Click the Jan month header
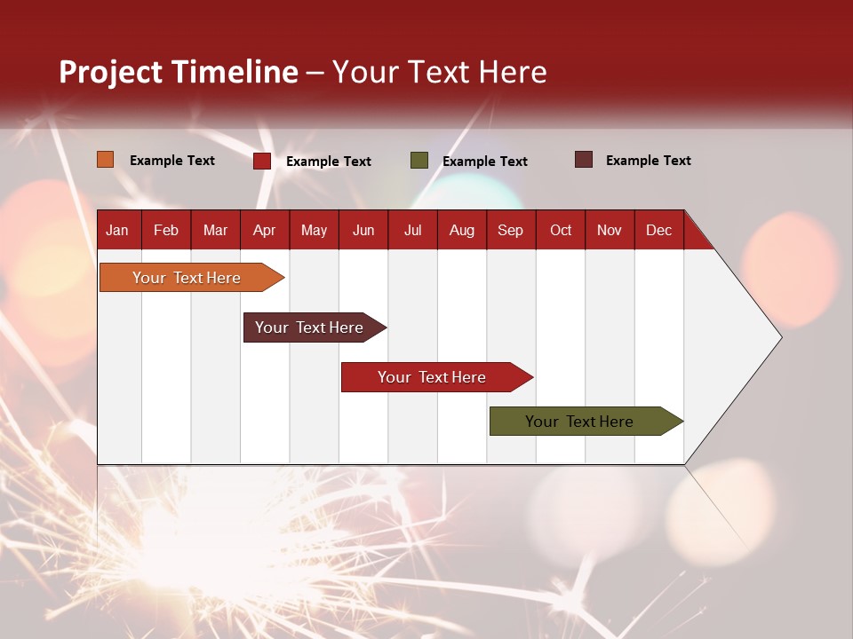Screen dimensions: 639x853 coord(118,230)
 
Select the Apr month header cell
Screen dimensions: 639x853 coord(265,230)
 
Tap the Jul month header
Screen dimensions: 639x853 coord(412,230)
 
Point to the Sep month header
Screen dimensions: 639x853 coord(511,230)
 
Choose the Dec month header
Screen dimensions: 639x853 coord(658,230)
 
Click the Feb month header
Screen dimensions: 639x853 coord(166,230)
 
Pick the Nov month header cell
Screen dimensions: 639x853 coord(610,230)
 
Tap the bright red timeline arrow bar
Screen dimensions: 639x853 coord(433,377)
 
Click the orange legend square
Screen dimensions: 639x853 coord(105,160)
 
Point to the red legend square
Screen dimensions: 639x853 coord(261,161)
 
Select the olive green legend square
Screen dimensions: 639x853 coord(419,161)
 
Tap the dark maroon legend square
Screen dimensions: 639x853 coord(583,160)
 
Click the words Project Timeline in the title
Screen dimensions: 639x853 coord(178,72)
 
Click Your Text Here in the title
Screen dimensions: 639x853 coord(439,72)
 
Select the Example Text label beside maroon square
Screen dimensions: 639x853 coord(648,160)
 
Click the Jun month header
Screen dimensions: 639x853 coord(363,230)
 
